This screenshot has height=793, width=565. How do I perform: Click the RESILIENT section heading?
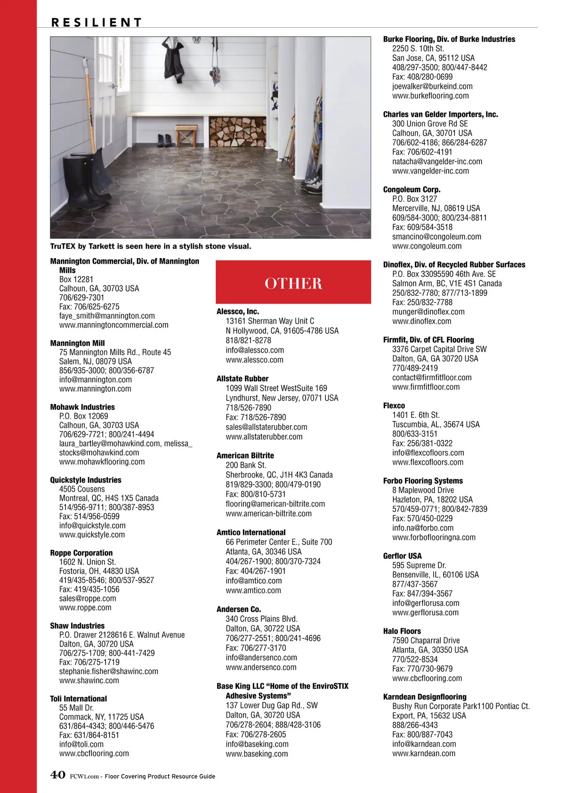(97, 22)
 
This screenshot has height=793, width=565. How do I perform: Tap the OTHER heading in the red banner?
(293, 283)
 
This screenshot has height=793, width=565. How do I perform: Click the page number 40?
(57, 775)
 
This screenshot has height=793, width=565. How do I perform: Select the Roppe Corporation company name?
(81, 553)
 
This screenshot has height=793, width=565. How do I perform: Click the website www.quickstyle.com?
(92, 534)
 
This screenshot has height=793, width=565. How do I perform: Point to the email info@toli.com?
(81, 744)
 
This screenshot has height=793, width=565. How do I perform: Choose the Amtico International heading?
(251, 532)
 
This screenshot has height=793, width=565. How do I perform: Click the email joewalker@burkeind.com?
(432, 86)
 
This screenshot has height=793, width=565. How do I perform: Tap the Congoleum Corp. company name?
(412, 189)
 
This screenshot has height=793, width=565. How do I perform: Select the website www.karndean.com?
(424, 753)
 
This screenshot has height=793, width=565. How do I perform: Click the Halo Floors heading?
(402, 631)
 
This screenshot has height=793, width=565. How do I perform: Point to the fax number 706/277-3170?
(256, 648)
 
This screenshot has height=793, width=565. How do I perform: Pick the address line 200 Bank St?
(246, 465)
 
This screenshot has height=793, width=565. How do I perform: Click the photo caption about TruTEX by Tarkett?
(151, 246)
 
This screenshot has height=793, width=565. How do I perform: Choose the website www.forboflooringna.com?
(434, 537)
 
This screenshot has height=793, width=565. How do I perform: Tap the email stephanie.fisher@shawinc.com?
(108, 671)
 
